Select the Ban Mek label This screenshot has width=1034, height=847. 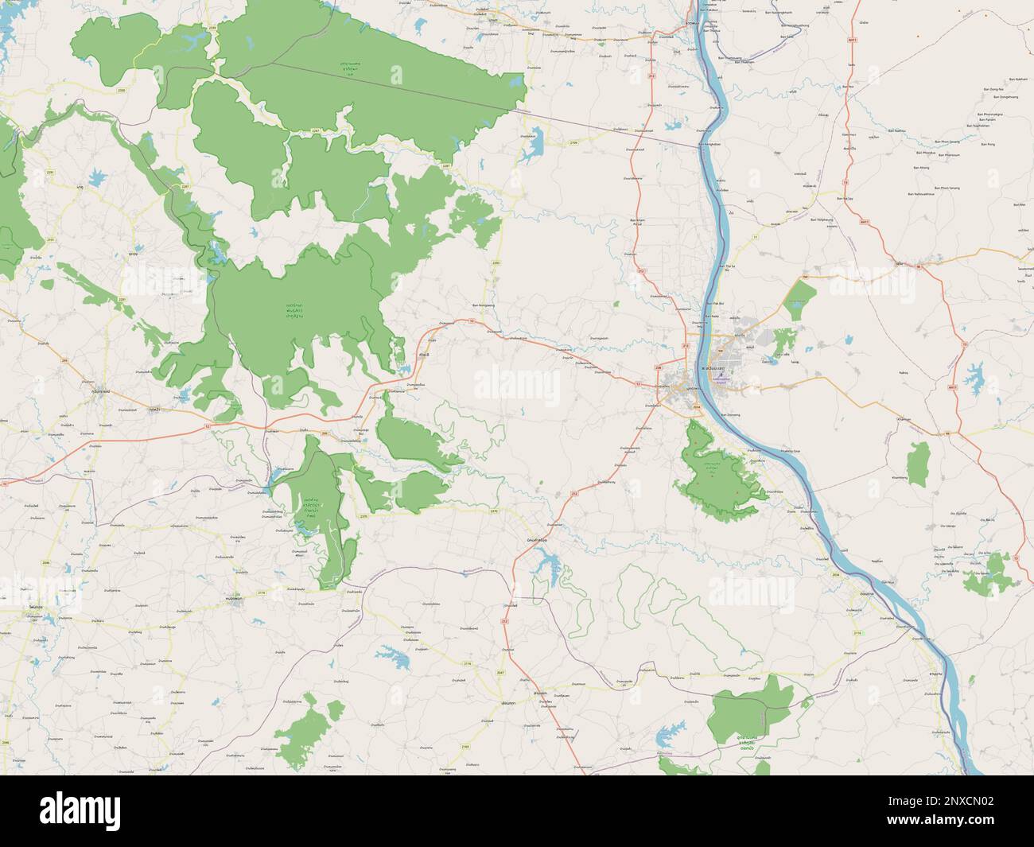click(x=1020, y=206)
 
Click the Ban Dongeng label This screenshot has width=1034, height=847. click(x=731, y=414)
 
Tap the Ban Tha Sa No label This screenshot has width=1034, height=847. click(x=725, y=265)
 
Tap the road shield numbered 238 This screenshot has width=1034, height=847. click(x=659, y=367)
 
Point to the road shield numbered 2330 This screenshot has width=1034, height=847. click(x=143, y=91)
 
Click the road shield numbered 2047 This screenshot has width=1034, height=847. click(x=522, y=673)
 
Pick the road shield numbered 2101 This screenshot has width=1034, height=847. click(x=52, y=239)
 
